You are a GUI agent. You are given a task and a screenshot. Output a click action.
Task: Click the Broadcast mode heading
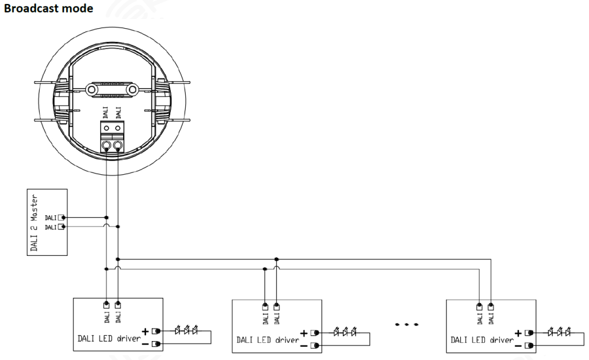pyautogui.click(x=48, y=8)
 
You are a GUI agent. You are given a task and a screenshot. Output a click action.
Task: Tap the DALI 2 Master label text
pyautogui.click(x=34, y=223)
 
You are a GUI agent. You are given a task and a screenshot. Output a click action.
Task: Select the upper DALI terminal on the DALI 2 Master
pyautogui.click(x=61, y=217)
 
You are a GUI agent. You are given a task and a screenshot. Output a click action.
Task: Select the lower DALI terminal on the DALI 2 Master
pyautogui.click(x=61, y=227)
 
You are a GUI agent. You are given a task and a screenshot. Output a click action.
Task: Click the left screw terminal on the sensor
pyautogui.click(x=106, y=145)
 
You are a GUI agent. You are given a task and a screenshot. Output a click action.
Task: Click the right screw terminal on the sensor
pyautogui.click(x=118, y=145)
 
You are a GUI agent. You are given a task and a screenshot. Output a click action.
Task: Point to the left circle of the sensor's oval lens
pyautogui.click(x=91, y=89)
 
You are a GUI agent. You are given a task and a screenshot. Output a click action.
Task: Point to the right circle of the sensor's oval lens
pyautogui.click(x=132, y=89)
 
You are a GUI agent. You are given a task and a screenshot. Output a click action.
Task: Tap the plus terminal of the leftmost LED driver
pyautogui.click(x=156, y=331)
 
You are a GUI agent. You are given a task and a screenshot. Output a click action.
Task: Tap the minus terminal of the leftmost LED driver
pyautogui.click(x=156, y=344)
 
